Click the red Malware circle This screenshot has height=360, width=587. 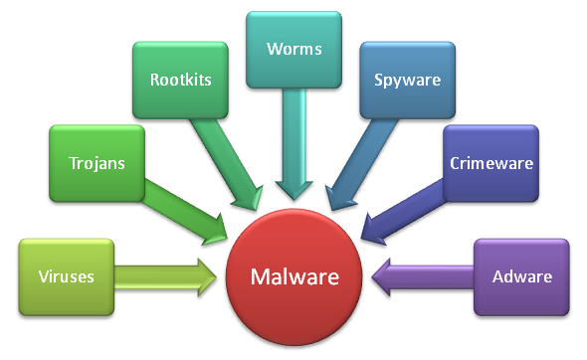pos(293,276)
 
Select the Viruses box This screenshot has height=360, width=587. pos(67,276)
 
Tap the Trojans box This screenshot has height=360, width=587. pos(97,163)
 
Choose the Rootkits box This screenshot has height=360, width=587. pos(180,81)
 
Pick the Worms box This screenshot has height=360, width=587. pos(293,50)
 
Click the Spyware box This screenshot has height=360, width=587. pos(408,81)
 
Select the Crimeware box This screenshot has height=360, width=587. pos(490,163)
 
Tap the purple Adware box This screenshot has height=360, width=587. pos(521,276)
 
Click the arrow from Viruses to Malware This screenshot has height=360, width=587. pos(165,277)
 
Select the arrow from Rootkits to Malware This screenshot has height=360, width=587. pos(227,164)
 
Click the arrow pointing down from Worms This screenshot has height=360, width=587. pos(293,144)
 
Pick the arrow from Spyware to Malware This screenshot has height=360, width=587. pos(361,164)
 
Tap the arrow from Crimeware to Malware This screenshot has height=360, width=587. pos(403,212)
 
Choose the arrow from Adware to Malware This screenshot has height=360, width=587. pos(423,277)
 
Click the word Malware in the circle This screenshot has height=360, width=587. pos(294,276)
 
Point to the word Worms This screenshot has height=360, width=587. pos(294,49)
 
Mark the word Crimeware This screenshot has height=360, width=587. pos(491,163)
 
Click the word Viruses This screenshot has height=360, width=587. pos(67,276)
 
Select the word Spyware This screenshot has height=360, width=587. pos(408,81)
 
